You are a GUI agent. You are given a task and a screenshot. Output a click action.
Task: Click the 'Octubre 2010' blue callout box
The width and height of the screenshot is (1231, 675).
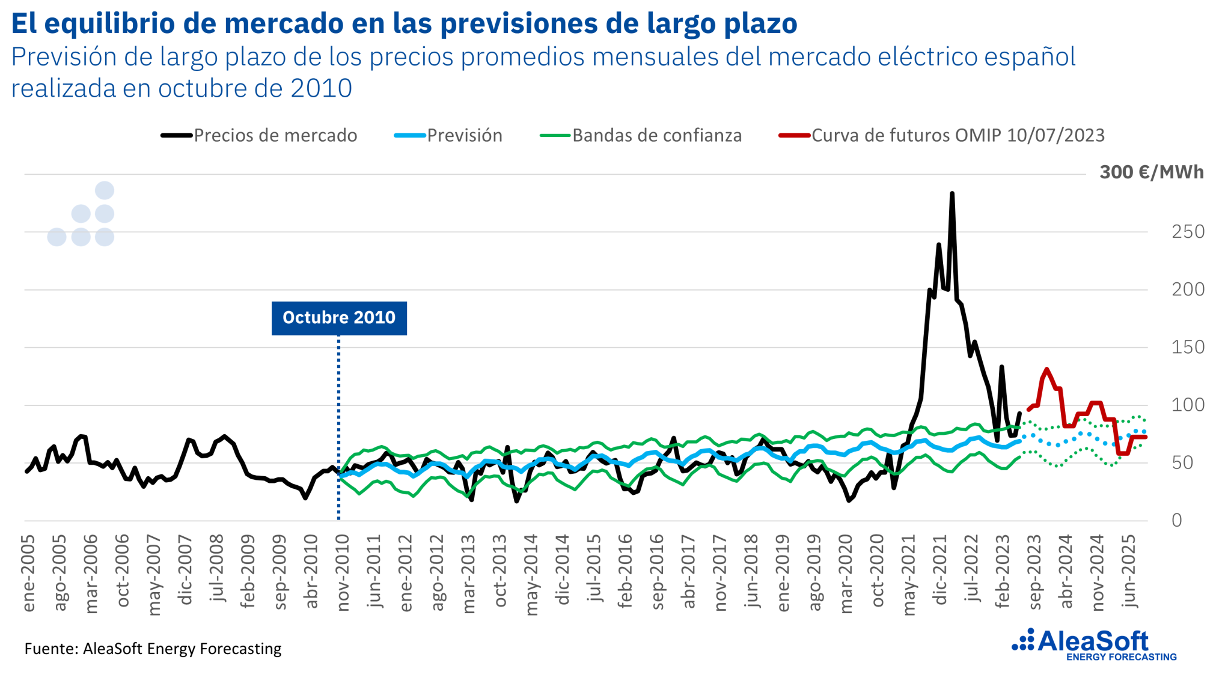click(339, 318)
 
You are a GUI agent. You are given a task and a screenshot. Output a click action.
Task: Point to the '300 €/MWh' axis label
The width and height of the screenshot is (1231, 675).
click(1151, 172)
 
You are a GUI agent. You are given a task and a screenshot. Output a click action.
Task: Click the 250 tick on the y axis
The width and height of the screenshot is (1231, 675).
click(1188, 232)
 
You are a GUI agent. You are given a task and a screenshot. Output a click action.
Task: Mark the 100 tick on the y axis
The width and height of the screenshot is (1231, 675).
click(1188, 405)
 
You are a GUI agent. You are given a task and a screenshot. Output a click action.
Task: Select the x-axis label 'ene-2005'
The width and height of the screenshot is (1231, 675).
click(29, 574)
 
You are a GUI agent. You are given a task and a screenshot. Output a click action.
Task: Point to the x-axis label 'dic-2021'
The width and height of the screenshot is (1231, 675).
click(941, 569)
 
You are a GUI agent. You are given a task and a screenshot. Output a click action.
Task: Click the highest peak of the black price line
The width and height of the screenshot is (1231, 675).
click(952, 193)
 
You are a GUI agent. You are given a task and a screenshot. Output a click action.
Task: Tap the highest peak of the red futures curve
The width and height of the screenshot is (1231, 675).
click(1046, 369)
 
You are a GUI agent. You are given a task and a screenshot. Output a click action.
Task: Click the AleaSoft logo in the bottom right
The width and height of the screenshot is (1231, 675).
click(1094, 644)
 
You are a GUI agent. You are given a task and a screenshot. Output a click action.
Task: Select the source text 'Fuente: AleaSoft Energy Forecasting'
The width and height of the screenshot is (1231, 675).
click(153, 649)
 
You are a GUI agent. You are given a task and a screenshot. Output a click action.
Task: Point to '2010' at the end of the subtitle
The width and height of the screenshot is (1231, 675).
click(322, 88)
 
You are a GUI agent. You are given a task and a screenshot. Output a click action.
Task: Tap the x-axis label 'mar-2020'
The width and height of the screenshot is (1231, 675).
click(846, 574)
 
